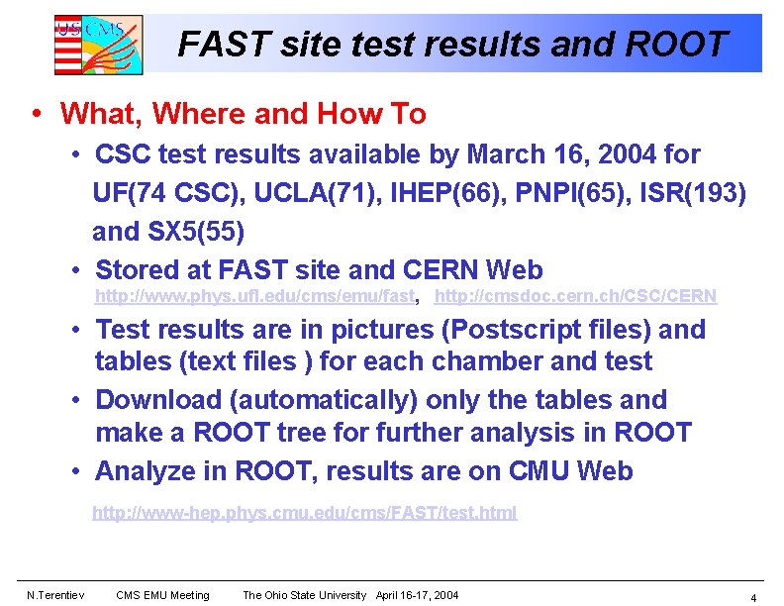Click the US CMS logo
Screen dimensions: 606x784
click(98, 45)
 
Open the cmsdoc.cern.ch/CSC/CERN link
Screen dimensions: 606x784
click(575, 296)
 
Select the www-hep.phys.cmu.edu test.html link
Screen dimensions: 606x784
click(304, 513)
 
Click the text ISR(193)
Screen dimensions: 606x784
click(692, 193)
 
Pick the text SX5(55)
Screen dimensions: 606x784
click(194, 232)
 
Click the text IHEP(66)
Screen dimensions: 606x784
click(439, 193)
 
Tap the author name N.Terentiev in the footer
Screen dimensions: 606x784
click(54, 595)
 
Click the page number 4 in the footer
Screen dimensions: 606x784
click(753, 597)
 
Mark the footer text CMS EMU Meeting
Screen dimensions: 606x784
click(162, 595)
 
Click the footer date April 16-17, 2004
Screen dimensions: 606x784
click(417, 595)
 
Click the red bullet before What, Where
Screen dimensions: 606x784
click(37, 113)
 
